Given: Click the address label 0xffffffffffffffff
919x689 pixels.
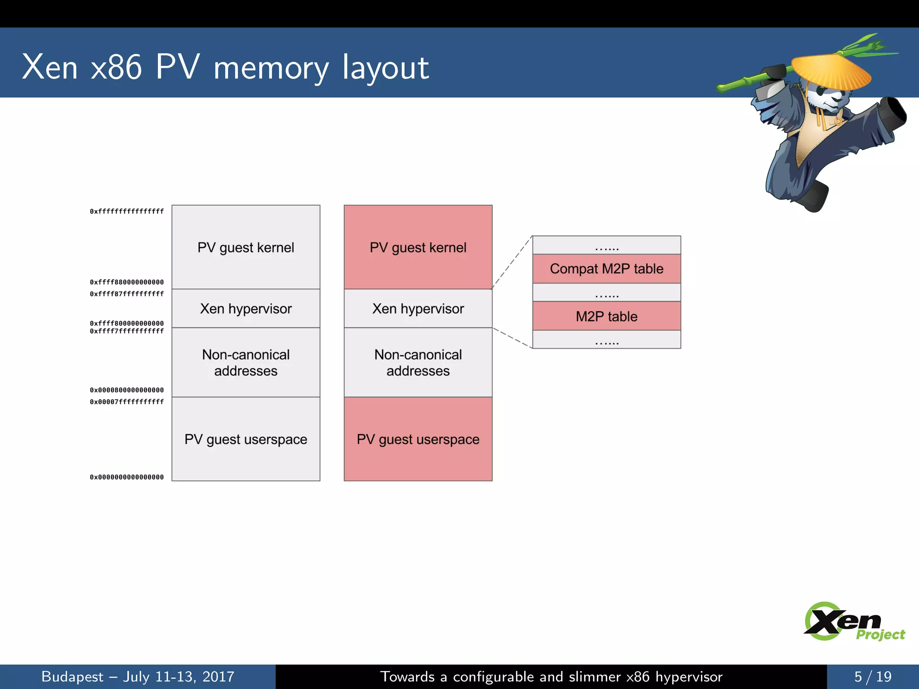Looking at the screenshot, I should tap(127, 211).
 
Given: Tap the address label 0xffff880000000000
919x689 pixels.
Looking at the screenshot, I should tap(127, 282).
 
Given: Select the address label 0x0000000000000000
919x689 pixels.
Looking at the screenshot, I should tap(127, 477).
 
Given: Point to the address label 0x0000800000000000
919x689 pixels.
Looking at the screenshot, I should tap(127, 390).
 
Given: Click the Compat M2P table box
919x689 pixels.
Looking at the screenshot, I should tap(606, 269).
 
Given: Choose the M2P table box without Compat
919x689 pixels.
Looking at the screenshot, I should tap(606, 316).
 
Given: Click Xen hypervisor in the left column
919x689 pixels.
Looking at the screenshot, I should tap(246, 309).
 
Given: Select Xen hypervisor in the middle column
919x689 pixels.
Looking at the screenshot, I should tap(418, 309).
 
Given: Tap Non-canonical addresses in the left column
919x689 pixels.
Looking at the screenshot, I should tap(246, 362).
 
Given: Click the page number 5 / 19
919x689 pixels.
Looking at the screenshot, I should tap(872, 676).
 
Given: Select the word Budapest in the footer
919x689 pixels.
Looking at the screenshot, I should tap(72, 676).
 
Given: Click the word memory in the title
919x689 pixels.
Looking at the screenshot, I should tap(271, 68).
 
